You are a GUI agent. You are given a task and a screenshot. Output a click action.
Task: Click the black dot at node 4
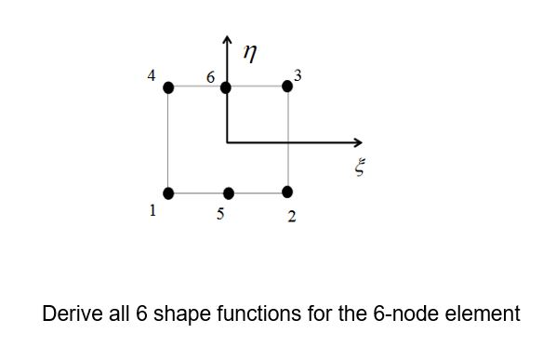tap(168, 87)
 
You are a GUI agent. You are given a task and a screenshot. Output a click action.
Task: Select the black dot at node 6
tap(226, 87)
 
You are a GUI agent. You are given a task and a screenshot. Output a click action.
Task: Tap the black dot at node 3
tap(286, 86)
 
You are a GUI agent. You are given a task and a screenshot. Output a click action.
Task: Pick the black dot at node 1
tap(168, 193)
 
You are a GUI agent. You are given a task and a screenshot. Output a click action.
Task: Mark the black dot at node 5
tap(229, 193)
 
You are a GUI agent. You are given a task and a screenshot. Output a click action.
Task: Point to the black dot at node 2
tap(287, 193)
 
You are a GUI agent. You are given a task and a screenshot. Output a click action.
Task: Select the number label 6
tap(211, 79)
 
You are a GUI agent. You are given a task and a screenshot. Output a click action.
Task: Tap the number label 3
tap(297, 73)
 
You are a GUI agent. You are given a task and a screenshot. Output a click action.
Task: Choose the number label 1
tap(152, 210)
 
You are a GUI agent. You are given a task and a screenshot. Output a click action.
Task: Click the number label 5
tap(220, 214)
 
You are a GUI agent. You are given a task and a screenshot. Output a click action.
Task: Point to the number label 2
tap(292, 218)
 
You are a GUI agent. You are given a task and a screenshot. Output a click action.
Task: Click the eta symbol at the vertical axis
tap(248, 55)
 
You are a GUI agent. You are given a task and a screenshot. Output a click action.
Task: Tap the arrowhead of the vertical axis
tap(227, 40)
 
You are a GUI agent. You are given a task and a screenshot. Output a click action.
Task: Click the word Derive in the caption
tap(70, 313)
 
